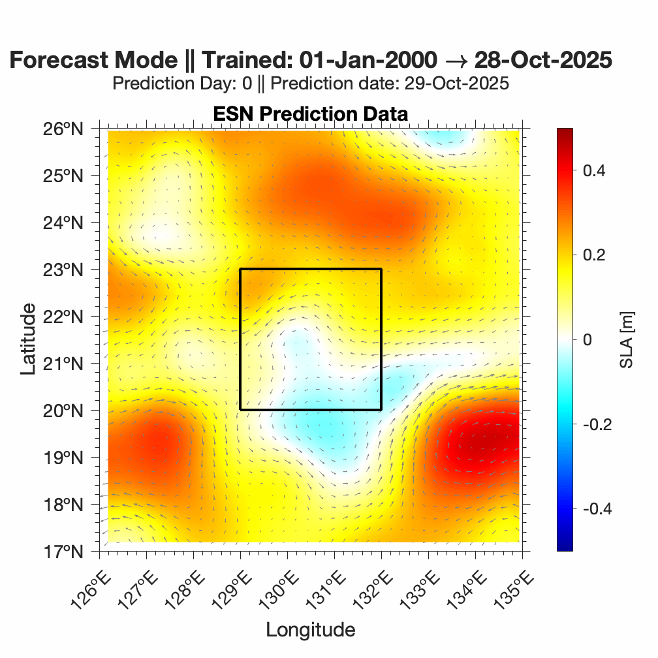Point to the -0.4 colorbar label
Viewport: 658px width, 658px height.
click(592, 509)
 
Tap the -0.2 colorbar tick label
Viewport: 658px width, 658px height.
click(592, 424)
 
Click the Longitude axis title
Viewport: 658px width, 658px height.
click(310, 630)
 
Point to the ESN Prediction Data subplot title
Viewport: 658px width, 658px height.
click(310, 114)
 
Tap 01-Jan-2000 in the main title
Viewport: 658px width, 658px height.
click(368, 60)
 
